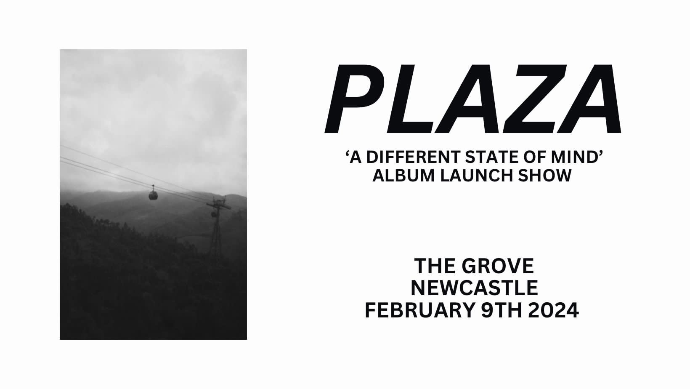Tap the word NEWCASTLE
(475, 288)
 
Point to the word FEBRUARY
(419, 310)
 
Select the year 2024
(553, 310)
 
